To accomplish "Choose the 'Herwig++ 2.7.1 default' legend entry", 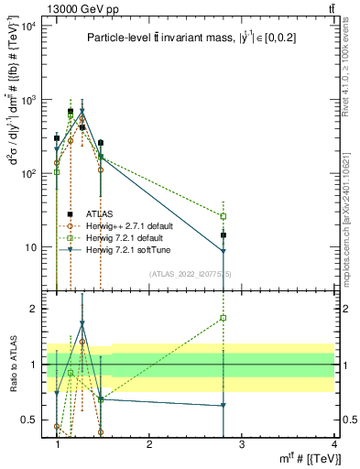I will (135, 225).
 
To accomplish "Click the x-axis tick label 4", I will (334, 444).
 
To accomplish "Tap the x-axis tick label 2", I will (149, 444).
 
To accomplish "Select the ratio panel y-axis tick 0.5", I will (29, 420).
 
